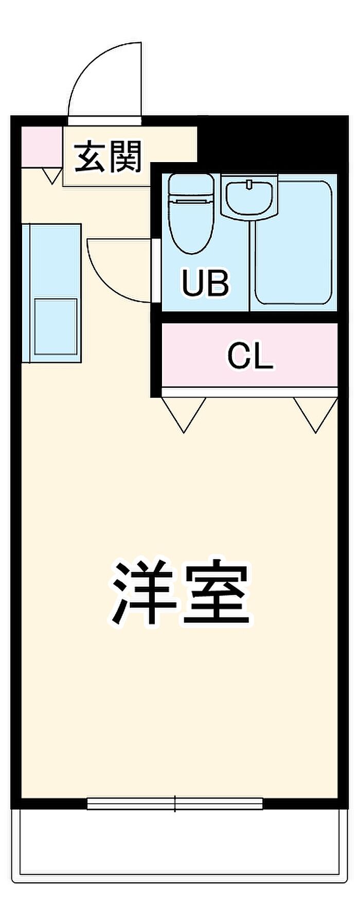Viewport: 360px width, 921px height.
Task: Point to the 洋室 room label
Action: coord(181,593)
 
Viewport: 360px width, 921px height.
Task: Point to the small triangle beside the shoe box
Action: coord(51,175)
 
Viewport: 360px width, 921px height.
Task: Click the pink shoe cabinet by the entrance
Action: coord(41,147)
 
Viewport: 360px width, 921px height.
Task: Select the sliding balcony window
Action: coord(175,803)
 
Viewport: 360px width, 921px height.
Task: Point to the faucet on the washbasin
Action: coord(249,184)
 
